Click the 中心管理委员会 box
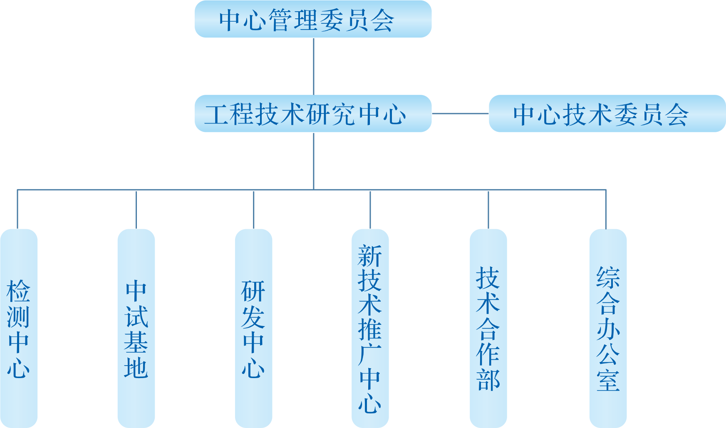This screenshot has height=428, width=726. [313, 19]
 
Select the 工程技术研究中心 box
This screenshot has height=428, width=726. [313, 114]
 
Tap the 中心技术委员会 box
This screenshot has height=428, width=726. [607, 114]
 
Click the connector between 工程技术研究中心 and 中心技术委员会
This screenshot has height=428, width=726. [460, 113]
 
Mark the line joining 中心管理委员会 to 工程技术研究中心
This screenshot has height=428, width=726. [314, 67]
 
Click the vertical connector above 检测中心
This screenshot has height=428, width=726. [17, 209]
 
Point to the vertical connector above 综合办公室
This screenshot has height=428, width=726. [606, 209]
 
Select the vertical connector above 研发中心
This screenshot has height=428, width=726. [254, 209]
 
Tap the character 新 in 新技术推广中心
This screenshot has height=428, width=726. [370, 256]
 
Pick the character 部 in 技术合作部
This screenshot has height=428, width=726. [488, 380]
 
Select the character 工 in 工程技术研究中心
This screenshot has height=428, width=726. [217, 114]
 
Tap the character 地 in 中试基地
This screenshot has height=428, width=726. [136, 368]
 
